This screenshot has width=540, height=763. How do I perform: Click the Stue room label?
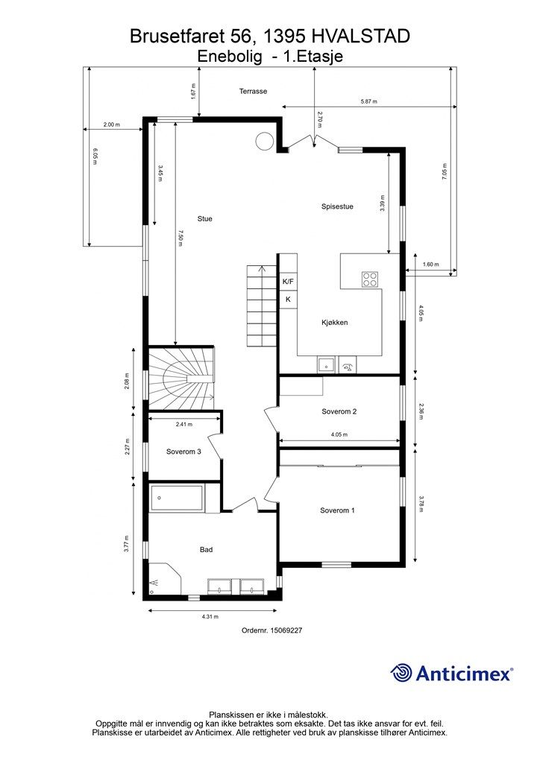point(204,219)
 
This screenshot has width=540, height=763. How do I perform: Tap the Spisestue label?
point(337,206)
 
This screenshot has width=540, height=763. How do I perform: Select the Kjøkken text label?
point(335,322)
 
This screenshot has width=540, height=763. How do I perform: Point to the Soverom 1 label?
point(337,510)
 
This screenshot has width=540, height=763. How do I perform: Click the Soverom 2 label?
point(339,411)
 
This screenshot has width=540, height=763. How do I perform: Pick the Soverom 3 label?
point(183,452)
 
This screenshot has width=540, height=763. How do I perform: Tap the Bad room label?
point(206,550)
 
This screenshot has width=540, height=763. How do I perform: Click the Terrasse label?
point(253,91)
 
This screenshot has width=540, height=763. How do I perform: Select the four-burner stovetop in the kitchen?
point(370,279)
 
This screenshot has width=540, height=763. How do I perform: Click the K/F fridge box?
point(288,281)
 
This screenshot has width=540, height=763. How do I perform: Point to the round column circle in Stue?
point(264,141)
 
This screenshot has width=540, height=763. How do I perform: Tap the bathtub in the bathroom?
point(176,498)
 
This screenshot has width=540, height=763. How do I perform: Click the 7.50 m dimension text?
point(180,238)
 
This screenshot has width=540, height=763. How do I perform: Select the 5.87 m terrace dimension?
point(368,101)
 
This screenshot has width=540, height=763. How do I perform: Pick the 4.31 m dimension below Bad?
point(210,616)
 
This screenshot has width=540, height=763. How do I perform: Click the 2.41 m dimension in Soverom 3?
point(184,424)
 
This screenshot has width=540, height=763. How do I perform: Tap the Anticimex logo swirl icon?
point(401,673)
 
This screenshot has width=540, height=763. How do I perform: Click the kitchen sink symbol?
point(326,364)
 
